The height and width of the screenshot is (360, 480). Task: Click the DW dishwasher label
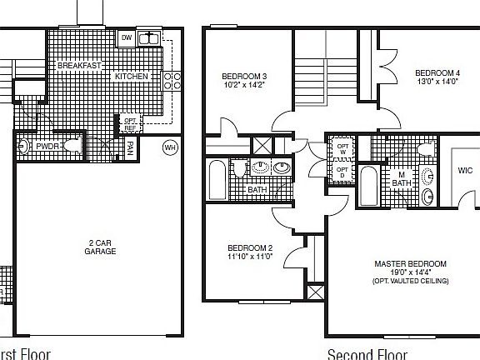[x=127, y=37]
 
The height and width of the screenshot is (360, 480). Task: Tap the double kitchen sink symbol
[x=149, y=37]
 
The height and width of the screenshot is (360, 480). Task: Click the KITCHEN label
[x=132, y=77]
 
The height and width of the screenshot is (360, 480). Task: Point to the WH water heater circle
[x=170, y=147]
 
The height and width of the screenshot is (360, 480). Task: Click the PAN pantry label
[x=130, y=147]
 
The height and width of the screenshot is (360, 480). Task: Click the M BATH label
[x=402, y=177]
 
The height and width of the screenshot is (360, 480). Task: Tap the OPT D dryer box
[x=342, y=172]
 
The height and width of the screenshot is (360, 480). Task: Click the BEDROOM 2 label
[x=249, y=248]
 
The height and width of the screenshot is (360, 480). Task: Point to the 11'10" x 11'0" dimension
[x=249, y=257]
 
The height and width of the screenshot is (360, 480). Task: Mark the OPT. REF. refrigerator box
[x=131, y=122]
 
